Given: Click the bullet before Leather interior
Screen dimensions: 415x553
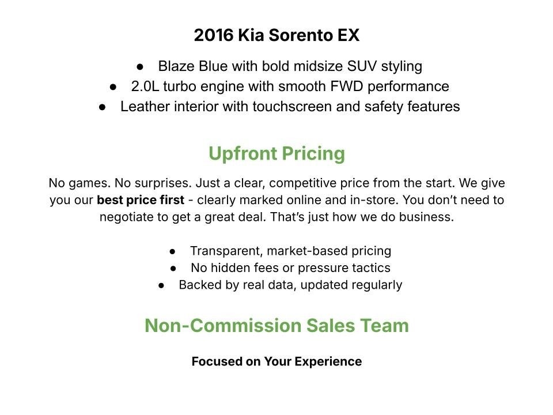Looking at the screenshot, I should (103, 107).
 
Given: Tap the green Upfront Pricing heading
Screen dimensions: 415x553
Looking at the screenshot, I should (276, 154).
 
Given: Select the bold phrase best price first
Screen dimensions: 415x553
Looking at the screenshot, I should (141, 201).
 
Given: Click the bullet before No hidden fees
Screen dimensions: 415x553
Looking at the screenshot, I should (174, 269).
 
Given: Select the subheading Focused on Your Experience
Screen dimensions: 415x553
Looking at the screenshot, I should (276, 362).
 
